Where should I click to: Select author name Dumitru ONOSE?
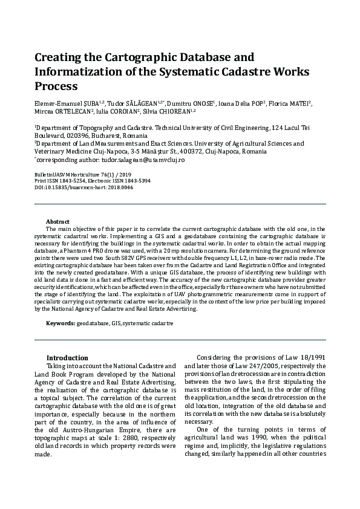pyautogui.click(x=192, y=103)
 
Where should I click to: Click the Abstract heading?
pyautogui.click(x=57, y=222)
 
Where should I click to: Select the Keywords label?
pyautogui.click(x=60, y=323)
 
